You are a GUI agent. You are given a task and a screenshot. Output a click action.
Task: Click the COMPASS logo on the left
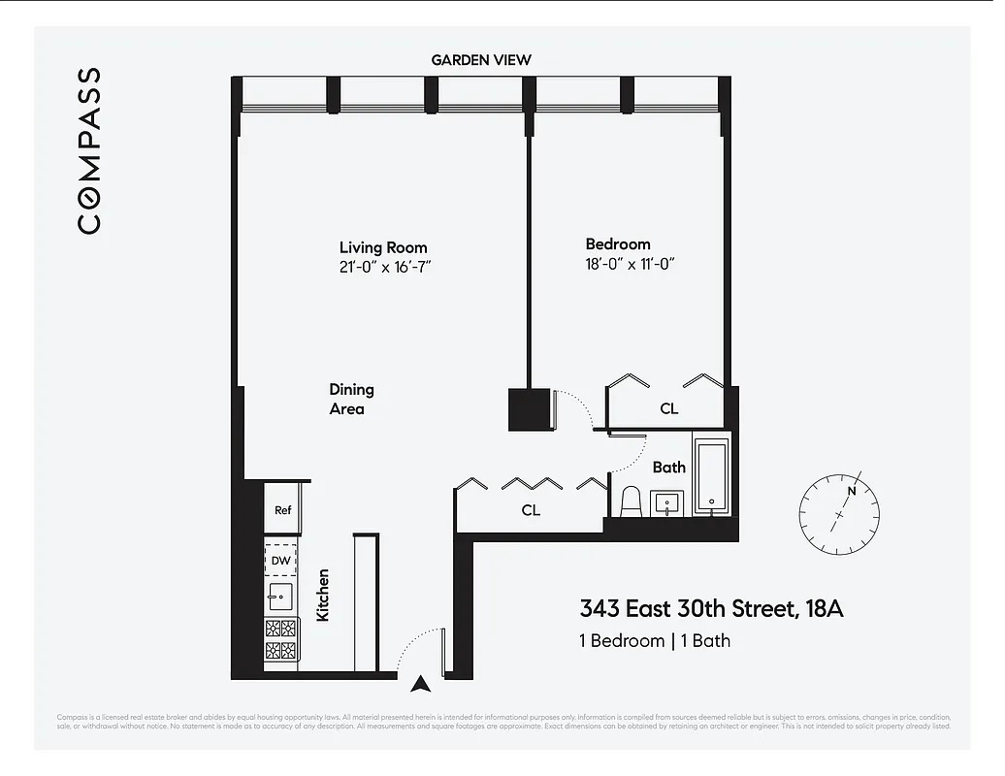pos(88,150)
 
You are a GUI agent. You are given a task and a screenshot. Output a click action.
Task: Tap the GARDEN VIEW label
pos(481,60)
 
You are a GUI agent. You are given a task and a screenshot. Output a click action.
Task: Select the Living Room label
pos(382,247)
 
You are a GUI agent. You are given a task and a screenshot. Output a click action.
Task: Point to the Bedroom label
pos(617,244)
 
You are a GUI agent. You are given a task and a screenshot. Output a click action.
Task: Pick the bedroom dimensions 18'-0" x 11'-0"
pos(629,264)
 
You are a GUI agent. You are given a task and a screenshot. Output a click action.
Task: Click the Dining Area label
pos(350,399)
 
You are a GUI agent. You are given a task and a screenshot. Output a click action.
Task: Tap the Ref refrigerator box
pos(282,510)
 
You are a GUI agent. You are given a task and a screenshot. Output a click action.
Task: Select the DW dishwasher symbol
pos(280,561)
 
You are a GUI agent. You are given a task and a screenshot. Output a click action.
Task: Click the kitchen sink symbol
pos(280,596)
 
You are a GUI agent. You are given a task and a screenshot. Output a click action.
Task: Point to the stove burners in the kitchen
pos(280,638)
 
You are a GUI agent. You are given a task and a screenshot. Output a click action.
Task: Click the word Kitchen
pos(324,595)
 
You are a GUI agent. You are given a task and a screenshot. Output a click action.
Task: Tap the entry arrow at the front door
pos(420,684)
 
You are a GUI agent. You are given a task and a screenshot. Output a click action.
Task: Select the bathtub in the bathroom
pos(711,477)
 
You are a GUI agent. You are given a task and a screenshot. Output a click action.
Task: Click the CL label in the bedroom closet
pos(668,408)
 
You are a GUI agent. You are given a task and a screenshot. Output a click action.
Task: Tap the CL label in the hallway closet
pos(530,509)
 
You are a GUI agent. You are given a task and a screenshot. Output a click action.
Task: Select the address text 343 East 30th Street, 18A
pos(711,609)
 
